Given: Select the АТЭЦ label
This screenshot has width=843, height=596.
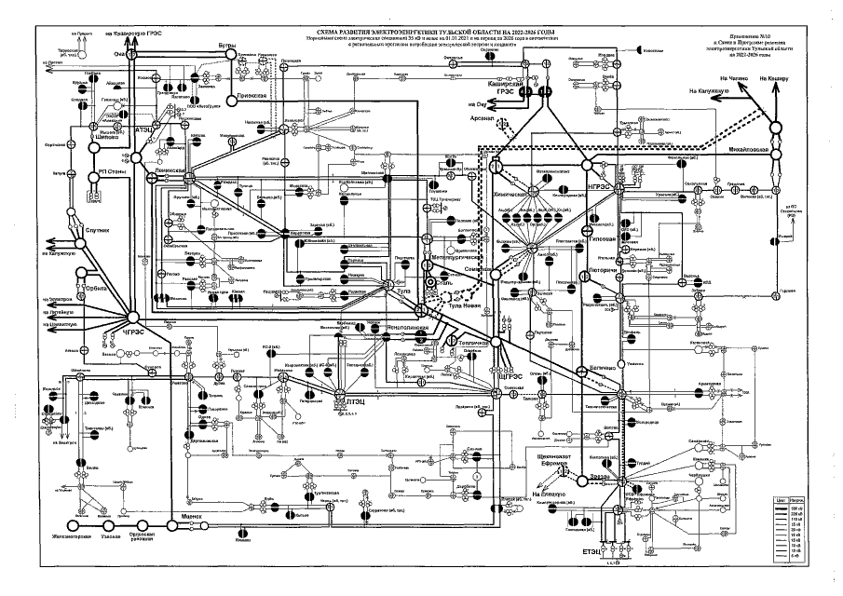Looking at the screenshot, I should tap(145, 129).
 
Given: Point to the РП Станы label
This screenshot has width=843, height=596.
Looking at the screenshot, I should tap(113, 172).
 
